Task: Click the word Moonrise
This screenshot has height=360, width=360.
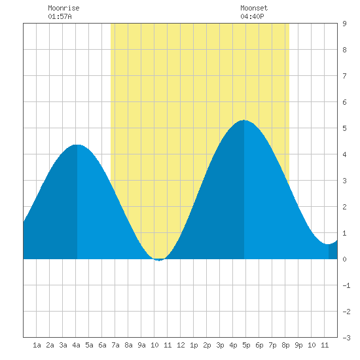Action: [x=63, y=8]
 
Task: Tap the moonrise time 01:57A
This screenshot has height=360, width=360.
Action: [x=60, y=16]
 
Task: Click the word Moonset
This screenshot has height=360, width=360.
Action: [x=254, y=8]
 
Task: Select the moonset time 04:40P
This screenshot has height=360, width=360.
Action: [x=252, y=16]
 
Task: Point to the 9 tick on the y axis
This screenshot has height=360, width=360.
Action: [x=344, y=24]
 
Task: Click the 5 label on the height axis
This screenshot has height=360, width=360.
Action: [x=344, y=128]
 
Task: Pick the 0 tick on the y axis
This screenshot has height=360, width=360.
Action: [x=344, y=259]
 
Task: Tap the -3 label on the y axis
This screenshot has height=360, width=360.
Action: [x=346, y=338]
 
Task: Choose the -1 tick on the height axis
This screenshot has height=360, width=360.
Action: [x=346, y=285]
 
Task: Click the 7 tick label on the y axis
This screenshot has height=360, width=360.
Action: [x=344, y=76]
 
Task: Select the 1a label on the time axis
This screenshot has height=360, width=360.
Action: [x=37, y=345]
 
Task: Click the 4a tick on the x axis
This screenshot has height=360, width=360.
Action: [x=76, y=345]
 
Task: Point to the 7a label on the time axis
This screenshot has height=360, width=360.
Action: [x=115, y=345]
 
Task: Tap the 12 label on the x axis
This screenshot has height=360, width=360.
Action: [x=181, y=345]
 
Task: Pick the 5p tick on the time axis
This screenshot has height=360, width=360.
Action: [x=246, y=345]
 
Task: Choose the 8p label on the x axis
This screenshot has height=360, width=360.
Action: [x=285, y=345]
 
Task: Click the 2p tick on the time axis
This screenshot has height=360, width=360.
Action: [x=207, y=345]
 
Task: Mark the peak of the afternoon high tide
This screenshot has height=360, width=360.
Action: [x=244, y=120]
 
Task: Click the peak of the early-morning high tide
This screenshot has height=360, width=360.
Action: [x=77, y=145]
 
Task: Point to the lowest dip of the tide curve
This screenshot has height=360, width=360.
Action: [x=159, y=261]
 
